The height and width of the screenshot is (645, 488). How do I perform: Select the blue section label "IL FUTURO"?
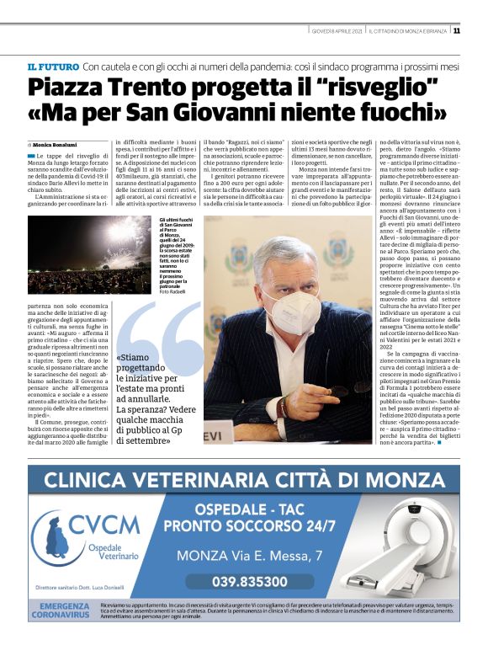pos(53,66)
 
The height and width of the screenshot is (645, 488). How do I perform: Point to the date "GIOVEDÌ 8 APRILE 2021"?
pos(336,31)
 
